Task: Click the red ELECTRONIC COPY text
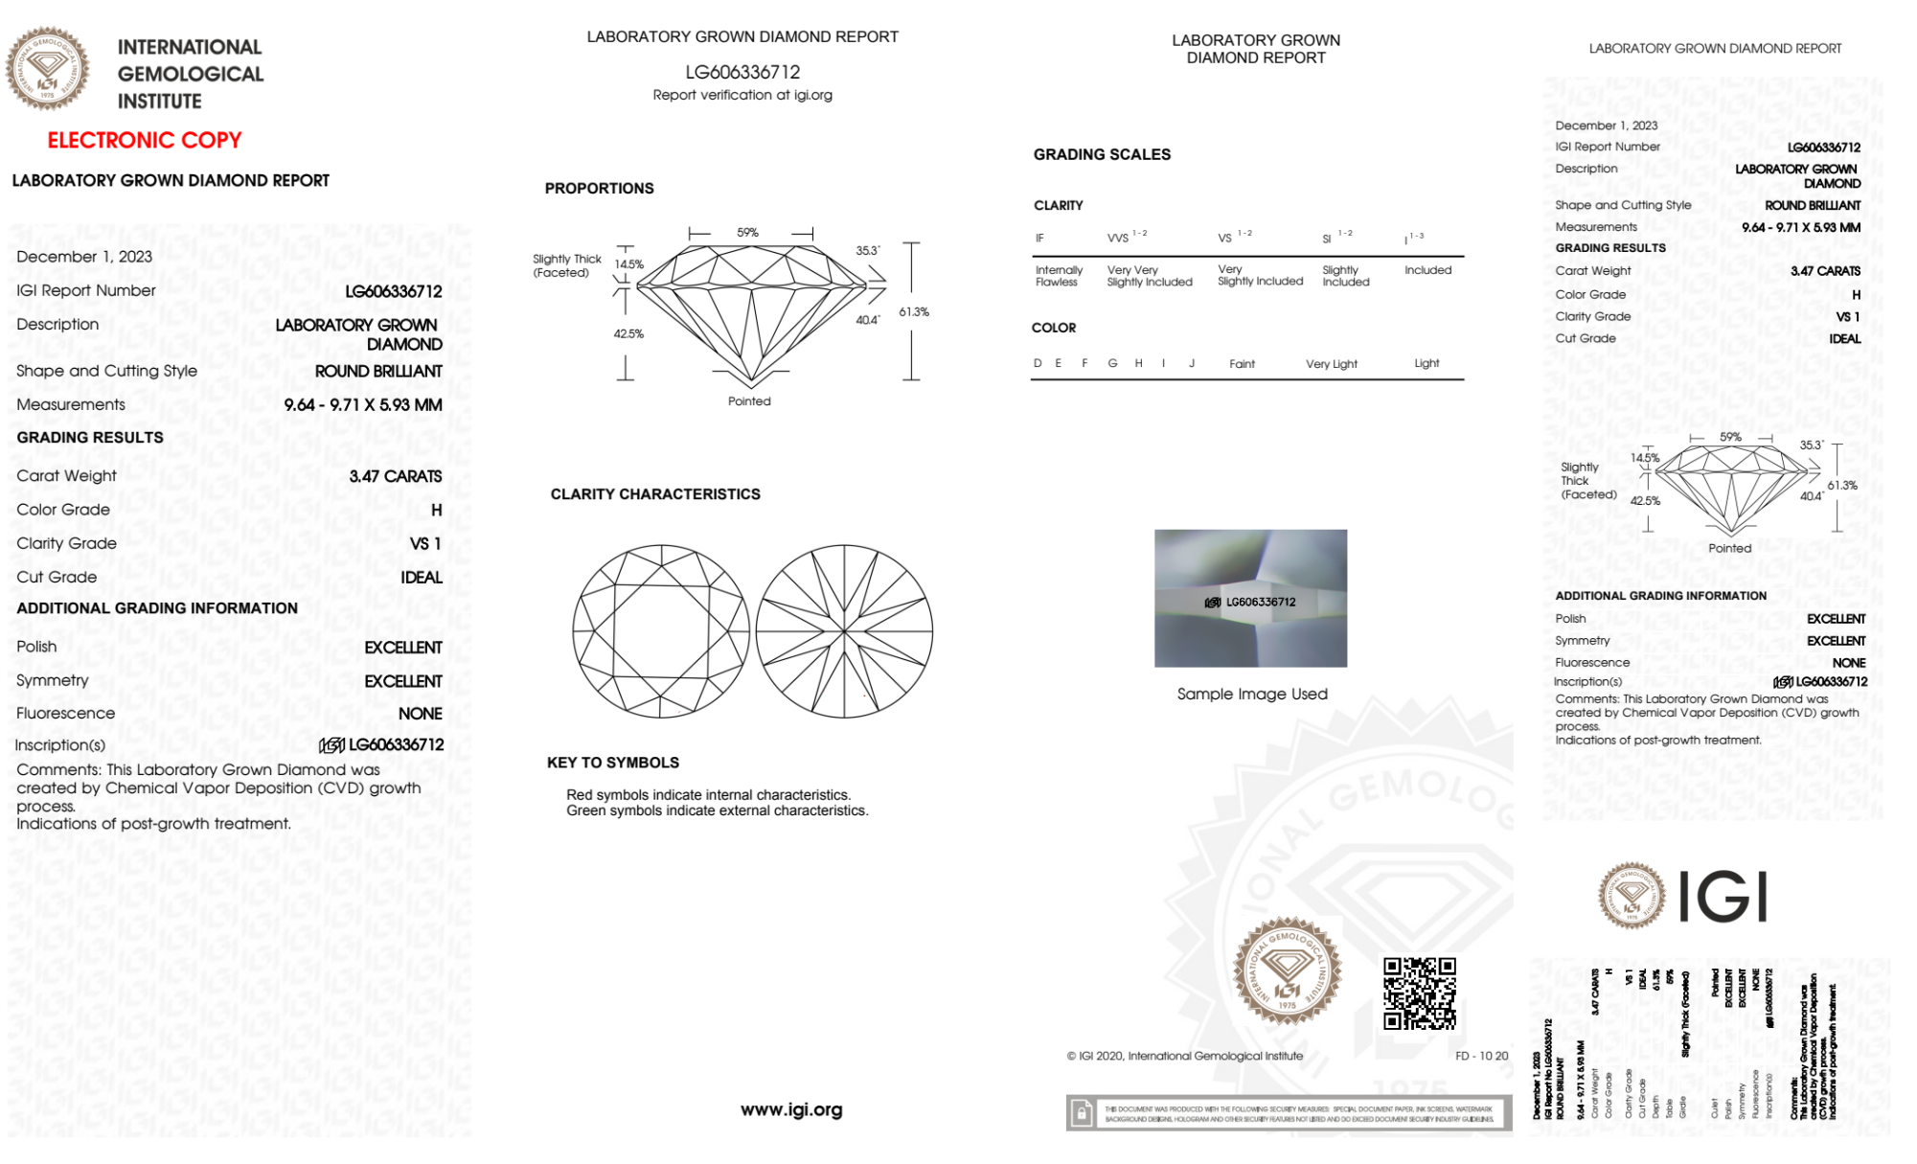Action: (x=145, y=140)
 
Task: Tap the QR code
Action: (x=1419, y=993)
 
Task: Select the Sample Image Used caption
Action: (x=1252, y=694)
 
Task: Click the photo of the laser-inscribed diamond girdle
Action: (x=1250, y=598)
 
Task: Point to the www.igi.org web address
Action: (x=791, y=1109)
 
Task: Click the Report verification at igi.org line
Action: (x=742, y=95)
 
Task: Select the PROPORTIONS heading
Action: (x=599, y=188)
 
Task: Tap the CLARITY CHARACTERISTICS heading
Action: (x=655, y=494)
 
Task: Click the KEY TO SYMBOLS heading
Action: (x=613, y=763)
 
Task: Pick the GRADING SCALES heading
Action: (x=1102, y=154)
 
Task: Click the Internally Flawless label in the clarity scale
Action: (x=1058, y=276)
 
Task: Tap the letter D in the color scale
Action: (x=1038, y=363)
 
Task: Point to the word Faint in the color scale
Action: (x=1242, y=364)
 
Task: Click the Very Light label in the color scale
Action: (x=1331, y=364)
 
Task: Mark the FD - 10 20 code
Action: (x=1481, y=1056)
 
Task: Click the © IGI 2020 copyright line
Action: (x=1185, y=1056)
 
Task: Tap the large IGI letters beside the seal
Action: (x=1723, y=897)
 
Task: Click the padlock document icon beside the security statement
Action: (x=1082, y=1113)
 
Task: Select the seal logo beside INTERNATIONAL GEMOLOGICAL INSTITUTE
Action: (x=48, y=69)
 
